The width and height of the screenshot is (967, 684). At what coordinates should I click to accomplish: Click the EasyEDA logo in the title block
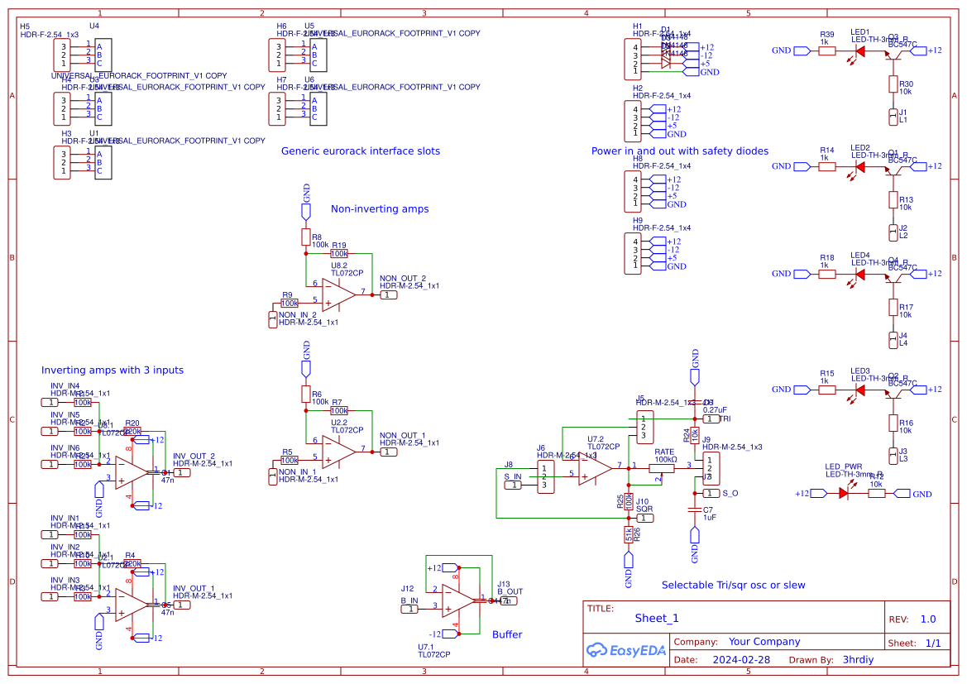pos(625,650)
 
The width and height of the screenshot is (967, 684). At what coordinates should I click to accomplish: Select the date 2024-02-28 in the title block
pos(741,660)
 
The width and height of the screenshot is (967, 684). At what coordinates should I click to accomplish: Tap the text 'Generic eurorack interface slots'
pos(361,151)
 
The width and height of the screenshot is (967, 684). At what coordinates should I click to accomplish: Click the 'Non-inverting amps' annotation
pos(380,209)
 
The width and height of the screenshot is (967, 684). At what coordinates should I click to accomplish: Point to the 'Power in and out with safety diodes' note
pos(680,151)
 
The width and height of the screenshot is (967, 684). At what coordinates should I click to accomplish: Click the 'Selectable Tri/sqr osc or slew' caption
pos(733,585)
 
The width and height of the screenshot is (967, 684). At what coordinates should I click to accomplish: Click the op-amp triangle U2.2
pos(338,452)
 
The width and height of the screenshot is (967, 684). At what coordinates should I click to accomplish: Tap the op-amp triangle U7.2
pos(595,468)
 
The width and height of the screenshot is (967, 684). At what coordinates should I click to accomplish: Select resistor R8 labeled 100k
pos(306,238)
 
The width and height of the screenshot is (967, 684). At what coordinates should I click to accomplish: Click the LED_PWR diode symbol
pos(844,494)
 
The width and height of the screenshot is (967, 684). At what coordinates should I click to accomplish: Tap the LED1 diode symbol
pos(860,51)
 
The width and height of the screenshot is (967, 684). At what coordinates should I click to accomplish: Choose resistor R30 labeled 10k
pos(893,84)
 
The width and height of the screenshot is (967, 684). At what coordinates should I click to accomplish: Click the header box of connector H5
pos(62,55)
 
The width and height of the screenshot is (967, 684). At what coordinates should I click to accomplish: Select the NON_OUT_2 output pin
pos(389,295)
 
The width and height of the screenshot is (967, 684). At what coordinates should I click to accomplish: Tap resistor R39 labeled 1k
pos(827,51)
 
